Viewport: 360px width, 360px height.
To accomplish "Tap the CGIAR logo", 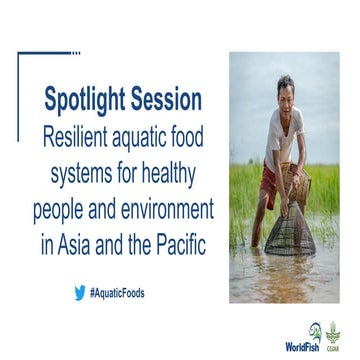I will (332, 335).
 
